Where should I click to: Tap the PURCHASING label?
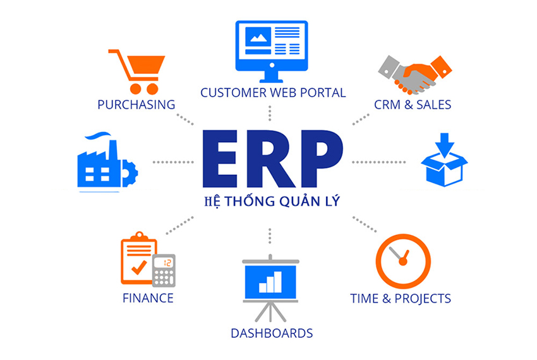coord(136,104)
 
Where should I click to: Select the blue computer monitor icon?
coord(272,51)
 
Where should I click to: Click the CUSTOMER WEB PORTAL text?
coord(273,92)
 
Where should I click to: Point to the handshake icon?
coord(414,75)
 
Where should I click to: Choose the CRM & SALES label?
coord(413,104)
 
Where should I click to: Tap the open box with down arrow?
coord(444,160)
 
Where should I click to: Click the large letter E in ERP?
coord(220,159)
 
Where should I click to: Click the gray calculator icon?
coord(164,270)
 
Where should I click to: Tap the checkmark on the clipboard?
coord(139,267)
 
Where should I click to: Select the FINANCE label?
coord(148,298)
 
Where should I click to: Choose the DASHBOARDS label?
coord(272,333)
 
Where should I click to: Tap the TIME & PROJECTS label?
coord(401,298)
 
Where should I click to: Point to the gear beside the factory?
coord(130,173)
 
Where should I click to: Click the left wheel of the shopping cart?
coord(135,88)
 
